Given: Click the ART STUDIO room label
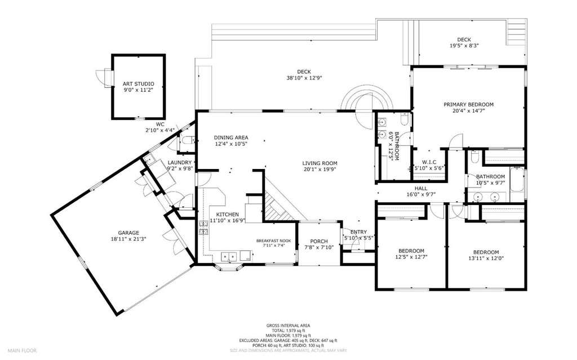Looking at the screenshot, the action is coord(139,84).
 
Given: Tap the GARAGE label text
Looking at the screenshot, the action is coord(128,233).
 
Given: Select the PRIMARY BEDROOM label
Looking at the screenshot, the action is coord(468,105).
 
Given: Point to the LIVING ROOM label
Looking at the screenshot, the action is coord(320,163).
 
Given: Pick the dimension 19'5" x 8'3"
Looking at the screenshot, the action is coord(464,46).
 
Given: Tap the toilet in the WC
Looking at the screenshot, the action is coord(188,140).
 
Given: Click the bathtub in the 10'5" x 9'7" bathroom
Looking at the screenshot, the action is coord(517,179).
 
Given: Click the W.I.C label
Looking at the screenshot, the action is coord(429,162).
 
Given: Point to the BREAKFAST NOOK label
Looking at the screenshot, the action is coord(273,241).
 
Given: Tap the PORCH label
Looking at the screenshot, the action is coord(319,242).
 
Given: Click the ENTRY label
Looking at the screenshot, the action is coord(358,232).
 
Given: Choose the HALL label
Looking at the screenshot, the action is coord(421,189).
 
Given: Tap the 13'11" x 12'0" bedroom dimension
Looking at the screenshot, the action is coord(486,259).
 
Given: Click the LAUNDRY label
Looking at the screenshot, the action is coord(180,163).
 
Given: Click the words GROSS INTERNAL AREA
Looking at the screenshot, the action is coord(288,326).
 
